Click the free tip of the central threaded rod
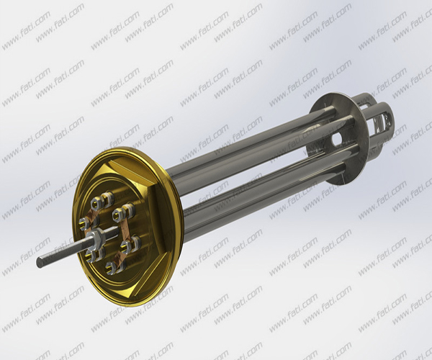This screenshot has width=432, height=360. pyautogui.click(x=40, y=261)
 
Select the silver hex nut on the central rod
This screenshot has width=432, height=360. pyautogui.click(x=94, y=237)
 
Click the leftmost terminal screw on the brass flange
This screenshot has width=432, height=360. pyautogui.click(x=84, y=221)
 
